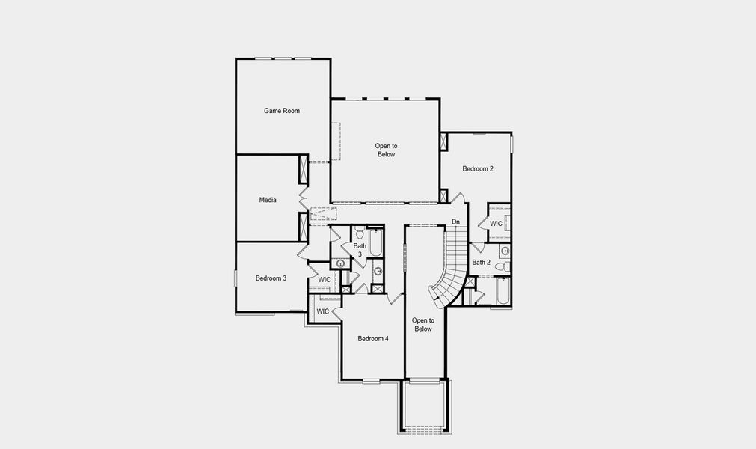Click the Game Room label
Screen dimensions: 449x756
point(282,111)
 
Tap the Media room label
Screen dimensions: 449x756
point(268,200)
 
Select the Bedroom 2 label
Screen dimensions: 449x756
point(478,169)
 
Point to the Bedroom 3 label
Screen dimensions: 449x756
point(271,278)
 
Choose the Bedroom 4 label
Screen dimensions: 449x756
point(373,339)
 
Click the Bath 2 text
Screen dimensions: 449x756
point(481,263)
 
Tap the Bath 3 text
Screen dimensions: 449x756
point(360,250)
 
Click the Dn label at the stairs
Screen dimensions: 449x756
point(456,222)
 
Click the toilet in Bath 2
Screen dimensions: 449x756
point(508,266)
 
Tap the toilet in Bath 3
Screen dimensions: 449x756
point(360,235)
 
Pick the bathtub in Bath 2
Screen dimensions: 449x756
point(503,292)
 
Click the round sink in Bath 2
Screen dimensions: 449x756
point(505,251)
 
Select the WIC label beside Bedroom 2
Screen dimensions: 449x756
point(497,224)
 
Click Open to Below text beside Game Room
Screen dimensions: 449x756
point(386,150)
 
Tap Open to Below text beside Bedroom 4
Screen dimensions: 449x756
point(423,324)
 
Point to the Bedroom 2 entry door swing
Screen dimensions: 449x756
point(462,198)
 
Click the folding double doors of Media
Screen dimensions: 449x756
point(304,200)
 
